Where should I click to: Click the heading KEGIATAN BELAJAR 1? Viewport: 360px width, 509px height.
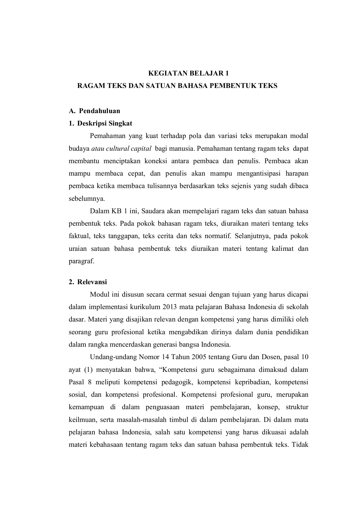tap(189, 74)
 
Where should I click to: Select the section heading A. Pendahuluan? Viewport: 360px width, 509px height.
tap(95, 111)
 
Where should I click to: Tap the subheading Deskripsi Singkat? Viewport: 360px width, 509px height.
tap(105, 124)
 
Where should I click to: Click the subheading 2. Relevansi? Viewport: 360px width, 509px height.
tap(88, 282)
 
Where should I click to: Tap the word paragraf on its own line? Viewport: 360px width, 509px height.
tap(81, 261)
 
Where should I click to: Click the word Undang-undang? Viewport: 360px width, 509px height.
tap(113, 357)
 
